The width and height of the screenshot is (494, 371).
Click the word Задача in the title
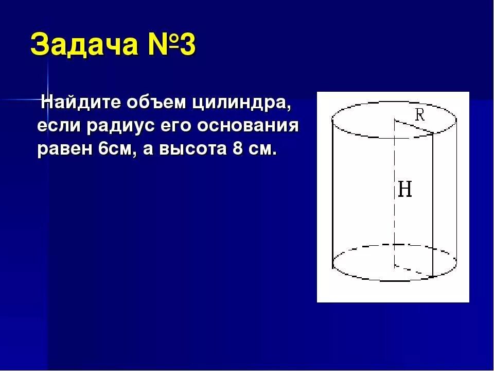point(83,46)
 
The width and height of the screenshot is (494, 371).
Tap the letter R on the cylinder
point(420,115)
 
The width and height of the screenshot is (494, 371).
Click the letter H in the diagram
point(405,190)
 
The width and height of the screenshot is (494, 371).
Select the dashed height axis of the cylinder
point(395,216)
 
